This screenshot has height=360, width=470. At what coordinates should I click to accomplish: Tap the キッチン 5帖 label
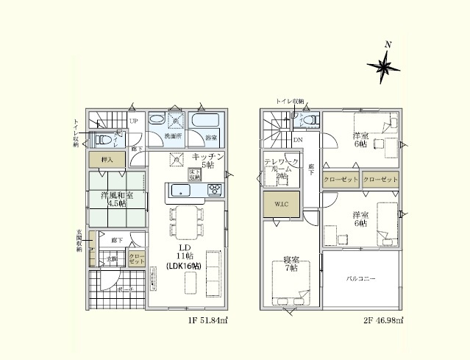tap(208, 162)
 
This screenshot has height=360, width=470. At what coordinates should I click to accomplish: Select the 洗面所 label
tap(173, 137)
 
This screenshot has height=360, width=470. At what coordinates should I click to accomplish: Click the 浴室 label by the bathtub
tap(211, 138)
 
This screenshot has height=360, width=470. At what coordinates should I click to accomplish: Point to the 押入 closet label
tap(107, 159)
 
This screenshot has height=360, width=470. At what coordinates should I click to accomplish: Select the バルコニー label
tap(361, 280)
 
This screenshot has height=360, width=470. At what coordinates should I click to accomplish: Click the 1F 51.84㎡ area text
tap(208, 321)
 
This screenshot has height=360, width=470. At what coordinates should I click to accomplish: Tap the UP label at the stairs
tap(134, 121)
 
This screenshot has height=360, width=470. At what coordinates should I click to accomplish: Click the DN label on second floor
tap(298, 139)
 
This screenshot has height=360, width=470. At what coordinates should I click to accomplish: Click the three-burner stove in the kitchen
tap(215, 191)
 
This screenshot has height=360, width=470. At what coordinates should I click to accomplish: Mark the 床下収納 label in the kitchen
tap(194, 174)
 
